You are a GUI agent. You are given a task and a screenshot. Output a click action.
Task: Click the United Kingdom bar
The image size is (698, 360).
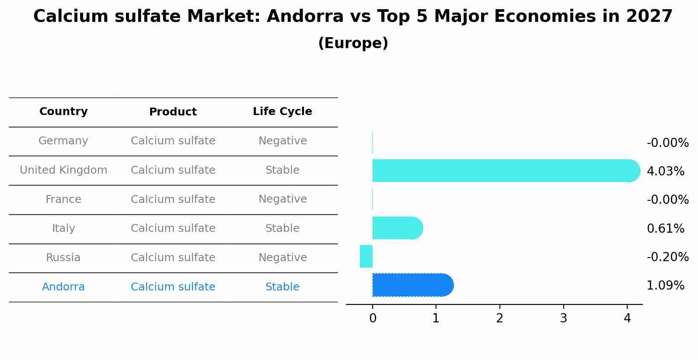click(x=503, y=171)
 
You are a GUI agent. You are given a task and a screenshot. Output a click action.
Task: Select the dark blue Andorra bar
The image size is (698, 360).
click(x=411, y=285)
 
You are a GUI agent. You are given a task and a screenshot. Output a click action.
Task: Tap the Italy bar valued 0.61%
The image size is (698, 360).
click(x=396, y=228)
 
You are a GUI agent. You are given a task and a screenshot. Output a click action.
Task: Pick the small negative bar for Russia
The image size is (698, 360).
click(x=366, y=256)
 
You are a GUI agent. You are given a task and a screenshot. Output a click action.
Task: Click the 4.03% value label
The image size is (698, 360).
click(x=665, y=171)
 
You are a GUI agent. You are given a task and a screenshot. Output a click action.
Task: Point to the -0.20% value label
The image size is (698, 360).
click(x=667, y=257)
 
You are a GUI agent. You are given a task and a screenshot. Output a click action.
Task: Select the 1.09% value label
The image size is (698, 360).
click(x=665, y=286)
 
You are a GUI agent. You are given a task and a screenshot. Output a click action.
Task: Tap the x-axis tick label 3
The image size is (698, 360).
click(x=563, y=318)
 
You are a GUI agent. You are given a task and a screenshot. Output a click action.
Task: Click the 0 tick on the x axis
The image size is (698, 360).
click(x=373, y=318)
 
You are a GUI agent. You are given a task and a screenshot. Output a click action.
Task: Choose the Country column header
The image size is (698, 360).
click(x=63, y=112)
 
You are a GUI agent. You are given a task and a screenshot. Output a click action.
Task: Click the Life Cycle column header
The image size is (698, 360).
click(x=283, y=112)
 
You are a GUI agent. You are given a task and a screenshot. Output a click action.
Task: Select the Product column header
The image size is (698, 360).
click(x=173, y=112)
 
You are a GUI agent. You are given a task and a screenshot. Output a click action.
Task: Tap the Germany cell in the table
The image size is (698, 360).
click(x=63, y=141)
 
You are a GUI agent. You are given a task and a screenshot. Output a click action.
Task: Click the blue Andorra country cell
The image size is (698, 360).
click(x=63, y=287)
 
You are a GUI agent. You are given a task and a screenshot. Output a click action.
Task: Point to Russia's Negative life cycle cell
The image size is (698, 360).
click(x=283, y=258)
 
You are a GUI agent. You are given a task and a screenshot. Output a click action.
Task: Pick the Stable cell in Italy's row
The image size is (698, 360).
click(x=283, y=228)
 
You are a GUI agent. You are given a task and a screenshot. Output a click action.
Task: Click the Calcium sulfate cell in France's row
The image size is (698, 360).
click(x=173, y=199)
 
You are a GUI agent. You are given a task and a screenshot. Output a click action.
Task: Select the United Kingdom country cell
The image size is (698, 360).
click(x=63, y=170)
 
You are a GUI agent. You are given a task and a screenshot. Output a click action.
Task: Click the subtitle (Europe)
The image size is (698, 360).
click(x=353, y=43)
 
